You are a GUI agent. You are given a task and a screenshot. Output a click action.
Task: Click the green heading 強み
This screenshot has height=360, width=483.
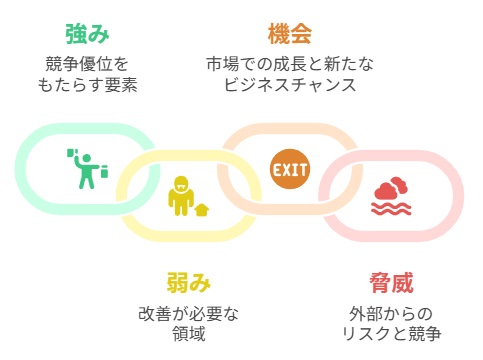88,34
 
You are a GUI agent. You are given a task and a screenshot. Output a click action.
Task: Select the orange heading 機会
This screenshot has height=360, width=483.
290,34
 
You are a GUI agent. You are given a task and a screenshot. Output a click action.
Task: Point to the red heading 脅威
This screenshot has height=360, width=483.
389,282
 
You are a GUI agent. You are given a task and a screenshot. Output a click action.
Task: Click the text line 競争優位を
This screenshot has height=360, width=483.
88,64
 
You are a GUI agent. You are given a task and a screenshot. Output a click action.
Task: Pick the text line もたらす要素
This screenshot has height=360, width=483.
88,85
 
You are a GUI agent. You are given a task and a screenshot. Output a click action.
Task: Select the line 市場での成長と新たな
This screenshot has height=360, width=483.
290,64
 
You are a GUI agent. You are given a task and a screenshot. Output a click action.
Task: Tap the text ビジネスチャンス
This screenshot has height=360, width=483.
290,85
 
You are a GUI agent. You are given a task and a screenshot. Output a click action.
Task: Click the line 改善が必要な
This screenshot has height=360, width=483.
189,313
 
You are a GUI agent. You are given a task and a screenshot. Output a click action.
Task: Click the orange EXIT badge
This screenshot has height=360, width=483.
290,168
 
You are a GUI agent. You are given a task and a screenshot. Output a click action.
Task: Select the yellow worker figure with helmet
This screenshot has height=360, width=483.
180,197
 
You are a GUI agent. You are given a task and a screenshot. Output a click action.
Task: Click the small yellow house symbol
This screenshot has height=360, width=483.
202,210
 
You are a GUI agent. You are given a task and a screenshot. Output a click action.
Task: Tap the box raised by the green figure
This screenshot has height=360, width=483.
72,153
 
